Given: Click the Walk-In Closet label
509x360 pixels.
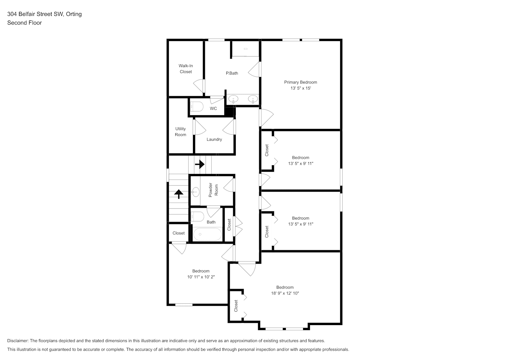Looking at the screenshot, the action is tap(186, 69).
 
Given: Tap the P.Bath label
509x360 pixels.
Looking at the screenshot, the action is tap(232, 73).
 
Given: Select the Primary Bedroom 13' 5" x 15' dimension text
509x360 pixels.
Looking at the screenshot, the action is tap(301, 88).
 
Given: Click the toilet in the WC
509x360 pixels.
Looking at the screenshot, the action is tap(197, 107).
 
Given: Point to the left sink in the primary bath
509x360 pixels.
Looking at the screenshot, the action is tap(233, 99).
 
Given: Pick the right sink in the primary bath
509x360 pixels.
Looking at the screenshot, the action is tap(253, 99).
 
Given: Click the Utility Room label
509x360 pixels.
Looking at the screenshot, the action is tap(180, 132).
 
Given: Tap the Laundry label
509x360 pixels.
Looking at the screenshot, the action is tap(214, 139).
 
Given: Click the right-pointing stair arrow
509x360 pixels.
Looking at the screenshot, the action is tap(200, 164).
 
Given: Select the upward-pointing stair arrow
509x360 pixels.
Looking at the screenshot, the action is tap(179, 194).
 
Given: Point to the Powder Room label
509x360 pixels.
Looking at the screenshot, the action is tap(213, 190).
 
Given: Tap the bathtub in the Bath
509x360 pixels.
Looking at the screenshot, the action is tap(207, 234).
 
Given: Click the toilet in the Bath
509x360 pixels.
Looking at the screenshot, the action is tap(198, 217).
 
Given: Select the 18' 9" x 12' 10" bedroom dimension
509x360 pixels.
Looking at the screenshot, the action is tap(285, 293).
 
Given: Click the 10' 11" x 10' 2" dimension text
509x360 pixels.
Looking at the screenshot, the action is tap(201, 277).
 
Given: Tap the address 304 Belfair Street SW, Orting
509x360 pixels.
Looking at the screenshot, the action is tap(45, 14).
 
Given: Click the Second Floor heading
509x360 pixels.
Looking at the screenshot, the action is tap(24, 23).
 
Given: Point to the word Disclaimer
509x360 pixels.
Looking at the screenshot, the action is tap(18, 341).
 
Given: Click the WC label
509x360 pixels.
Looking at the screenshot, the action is tap(213, 108).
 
